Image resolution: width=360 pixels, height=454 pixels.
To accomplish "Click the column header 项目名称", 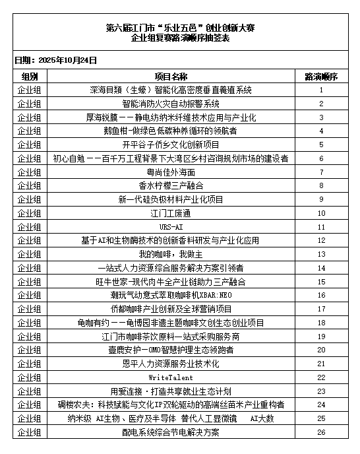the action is [x=171, y=77].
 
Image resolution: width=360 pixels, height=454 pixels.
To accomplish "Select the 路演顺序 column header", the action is [x=320, y=77].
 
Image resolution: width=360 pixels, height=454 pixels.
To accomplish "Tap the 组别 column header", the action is [x=30, y=77].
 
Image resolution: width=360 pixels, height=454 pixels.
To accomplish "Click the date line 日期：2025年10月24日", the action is [x=55, y=60].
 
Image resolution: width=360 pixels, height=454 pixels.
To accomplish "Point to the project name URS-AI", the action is [x=171, y=226].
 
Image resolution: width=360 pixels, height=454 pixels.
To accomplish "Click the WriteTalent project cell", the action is [x=171, y=377].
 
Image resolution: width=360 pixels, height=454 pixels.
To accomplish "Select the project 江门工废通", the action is [x=171, y=213].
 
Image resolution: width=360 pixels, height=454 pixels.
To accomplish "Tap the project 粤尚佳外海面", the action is [x=171, y=172].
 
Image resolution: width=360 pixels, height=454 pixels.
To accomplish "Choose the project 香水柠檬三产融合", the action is [x=171, y=185].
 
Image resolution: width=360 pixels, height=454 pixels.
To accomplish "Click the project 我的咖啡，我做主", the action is [x=171, y=254].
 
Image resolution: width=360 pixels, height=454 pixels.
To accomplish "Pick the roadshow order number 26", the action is [x=321, y=432].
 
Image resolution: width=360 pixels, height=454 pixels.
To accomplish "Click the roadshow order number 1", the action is [x=321, y=90].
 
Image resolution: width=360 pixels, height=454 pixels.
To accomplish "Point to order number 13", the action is [x=321, y=254].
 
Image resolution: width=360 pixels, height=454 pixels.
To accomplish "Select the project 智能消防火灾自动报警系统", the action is [x=171, y=104].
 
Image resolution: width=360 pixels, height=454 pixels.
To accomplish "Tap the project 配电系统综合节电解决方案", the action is [x=171, y=432].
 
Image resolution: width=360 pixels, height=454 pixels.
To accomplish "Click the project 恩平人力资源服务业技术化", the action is [x=171, y=364].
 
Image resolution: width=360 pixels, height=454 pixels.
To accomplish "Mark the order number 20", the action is [x=321, y=350].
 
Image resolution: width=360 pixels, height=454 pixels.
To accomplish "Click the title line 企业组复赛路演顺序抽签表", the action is [x=180, y=39].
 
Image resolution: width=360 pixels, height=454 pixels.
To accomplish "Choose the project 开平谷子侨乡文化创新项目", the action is [x=171, y=145].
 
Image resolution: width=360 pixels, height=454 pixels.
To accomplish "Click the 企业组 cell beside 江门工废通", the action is [x=30, y=213].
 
